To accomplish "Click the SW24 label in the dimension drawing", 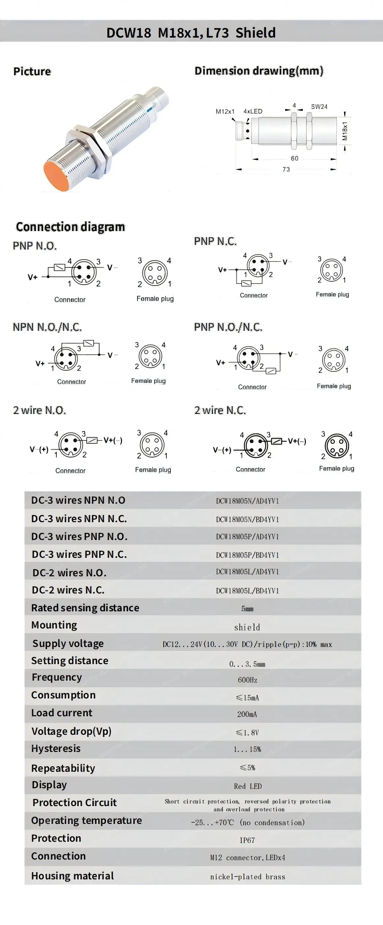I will pos(319,107).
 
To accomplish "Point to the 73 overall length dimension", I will pos(286,169).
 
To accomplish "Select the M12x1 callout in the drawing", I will pos(225,111).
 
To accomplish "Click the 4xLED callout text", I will pos(253,111).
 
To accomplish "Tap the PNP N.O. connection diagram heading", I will pos(35,246).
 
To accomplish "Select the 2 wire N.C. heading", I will pos(220,410).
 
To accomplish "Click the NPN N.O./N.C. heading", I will pos(47,327).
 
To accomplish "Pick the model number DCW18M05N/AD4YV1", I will pos(247,501).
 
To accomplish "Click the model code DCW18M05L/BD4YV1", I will pos(247,591).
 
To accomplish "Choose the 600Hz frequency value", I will pos(248,680).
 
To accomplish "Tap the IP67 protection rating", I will pos(247,840).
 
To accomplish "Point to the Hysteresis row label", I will pos(56,749).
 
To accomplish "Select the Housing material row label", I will pos(73,876).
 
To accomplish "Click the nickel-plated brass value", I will pos(248,876).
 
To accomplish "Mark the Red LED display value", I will pos(248,786).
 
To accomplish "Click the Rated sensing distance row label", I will pos(85,608).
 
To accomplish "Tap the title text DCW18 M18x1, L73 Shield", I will pos(191,33).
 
